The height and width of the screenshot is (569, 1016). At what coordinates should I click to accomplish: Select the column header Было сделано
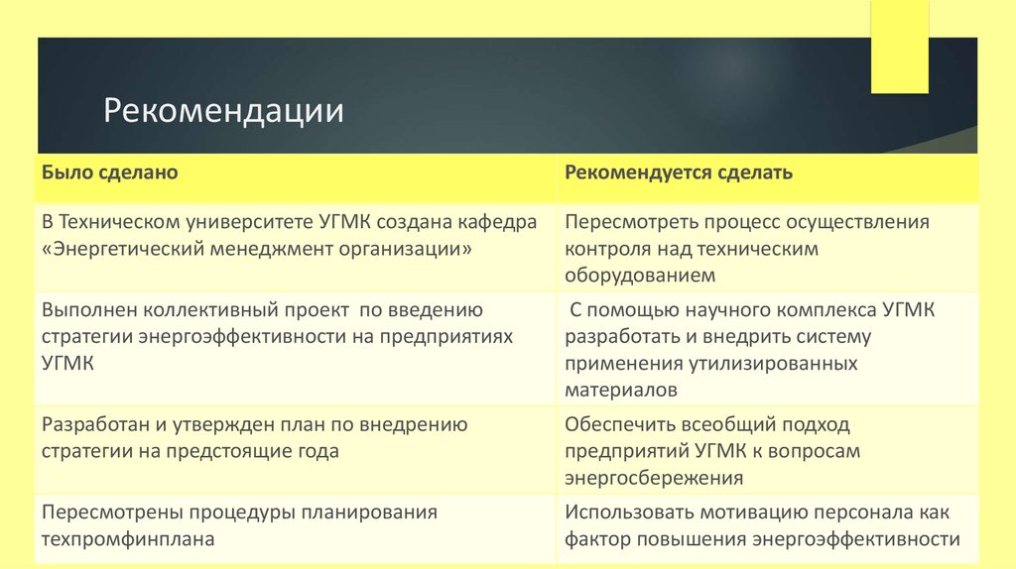109,172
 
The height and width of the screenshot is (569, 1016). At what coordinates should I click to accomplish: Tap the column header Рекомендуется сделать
679,172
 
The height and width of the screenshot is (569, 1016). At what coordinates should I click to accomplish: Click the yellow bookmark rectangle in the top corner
899,47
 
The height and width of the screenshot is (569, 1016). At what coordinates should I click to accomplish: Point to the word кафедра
493,221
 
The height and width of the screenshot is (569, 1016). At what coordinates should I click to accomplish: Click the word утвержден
216,424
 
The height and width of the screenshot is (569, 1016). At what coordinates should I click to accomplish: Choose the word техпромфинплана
129,539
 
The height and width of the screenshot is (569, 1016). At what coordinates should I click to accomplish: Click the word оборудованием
640,276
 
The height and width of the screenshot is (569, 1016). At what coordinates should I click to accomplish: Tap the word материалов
621,390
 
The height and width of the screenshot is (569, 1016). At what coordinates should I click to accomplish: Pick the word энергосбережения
654,478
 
